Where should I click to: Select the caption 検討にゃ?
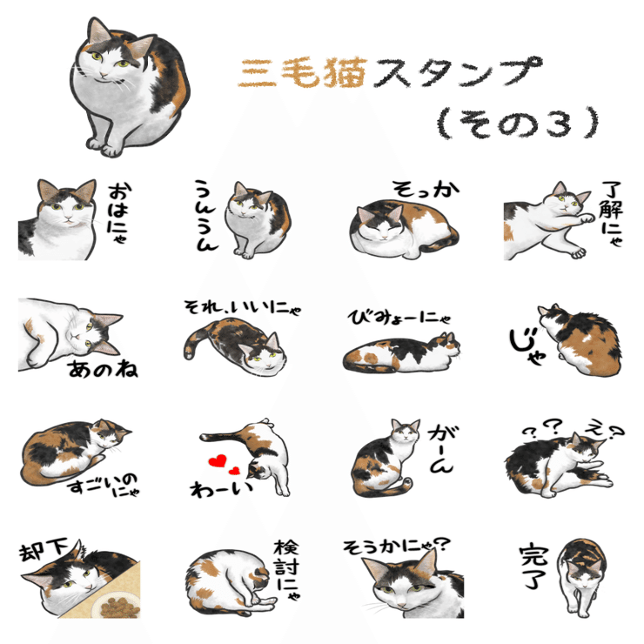pos(286,571)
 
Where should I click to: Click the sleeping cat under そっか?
pos(401,226)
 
